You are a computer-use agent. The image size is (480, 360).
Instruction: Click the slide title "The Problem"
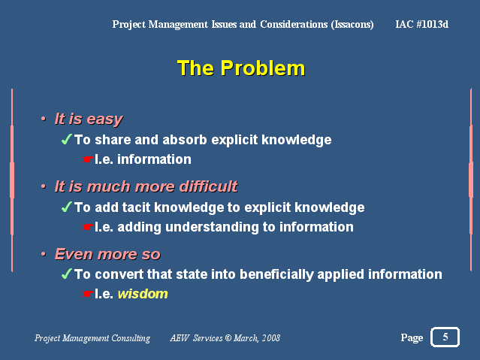click(x=241, y=68)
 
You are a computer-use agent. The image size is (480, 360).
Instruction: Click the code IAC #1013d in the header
click(x=422, y=24)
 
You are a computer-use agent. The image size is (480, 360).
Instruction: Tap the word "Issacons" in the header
click(x=352, y=25)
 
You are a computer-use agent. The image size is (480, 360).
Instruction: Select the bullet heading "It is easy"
click(x=89, y=119)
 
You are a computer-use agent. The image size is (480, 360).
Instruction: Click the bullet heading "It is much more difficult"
click(x=146, y=186)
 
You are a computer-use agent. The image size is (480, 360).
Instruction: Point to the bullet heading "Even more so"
click(x=107, y=254)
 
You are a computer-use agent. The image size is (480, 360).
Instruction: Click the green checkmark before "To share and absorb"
click(x=67, y=139)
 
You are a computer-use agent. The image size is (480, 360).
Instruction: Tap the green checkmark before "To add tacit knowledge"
click(x=67, y=207)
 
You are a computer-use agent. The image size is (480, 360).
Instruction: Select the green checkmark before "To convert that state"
click(x=67, y=274)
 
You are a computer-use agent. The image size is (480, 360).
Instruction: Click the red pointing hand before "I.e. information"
click(x=88, y=159)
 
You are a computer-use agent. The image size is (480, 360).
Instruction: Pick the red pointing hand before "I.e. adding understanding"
click(x=88, y=227)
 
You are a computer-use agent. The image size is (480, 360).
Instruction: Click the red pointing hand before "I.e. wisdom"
click(x=88, y=294)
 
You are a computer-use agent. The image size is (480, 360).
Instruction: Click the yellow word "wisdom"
click(x=143, y=294)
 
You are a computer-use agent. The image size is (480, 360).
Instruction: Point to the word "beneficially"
click(x=276, y=274)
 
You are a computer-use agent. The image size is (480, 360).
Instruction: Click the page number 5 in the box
click(x=445, y=337)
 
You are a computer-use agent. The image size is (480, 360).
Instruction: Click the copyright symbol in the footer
click(x=228, y=338)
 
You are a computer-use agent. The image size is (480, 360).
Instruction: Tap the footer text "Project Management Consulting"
click(x=92, y=338)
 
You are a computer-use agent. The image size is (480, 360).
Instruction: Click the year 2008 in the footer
click(x=271, y=338)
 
